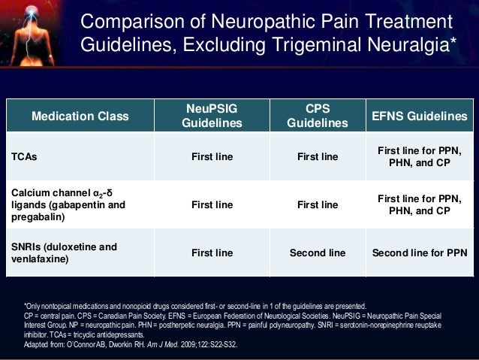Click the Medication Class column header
(80, 116)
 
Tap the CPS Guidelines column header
(318, 116)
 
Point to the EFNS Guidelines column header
(420, 116)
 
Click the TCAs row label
(24, 157)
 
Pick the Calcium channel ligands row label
(68, 204)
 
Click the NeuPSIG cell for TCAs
(212, 157)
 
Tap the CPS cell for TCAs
(318, 157)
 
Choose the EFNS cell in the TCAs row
(420, 156)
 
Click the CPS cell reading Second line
(318, 253)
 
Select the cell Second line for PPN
(420, 253)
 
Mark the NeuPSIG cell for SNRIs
(212, 253)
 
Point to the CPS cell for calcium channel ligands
(318, 204)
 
